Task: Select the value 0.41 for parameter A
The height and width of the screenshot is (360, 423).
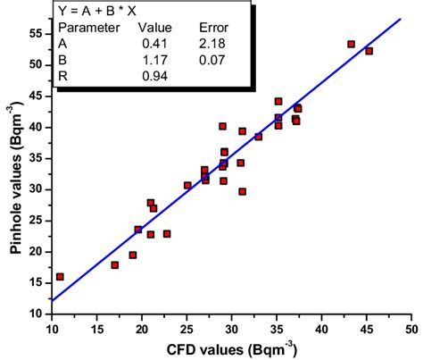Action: (x=153, y=42)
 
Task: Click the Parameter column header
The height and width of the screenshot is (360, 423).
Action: (x=93, y=27)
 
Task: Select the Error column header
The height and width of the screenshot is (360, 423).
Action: (x=212, y=27)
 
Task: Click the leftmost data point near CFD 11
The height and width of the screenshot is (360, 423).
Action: (x=60, y=277)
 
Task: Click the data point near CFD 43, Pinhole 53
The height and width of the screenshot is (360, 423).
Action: (x=351, y=44)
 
